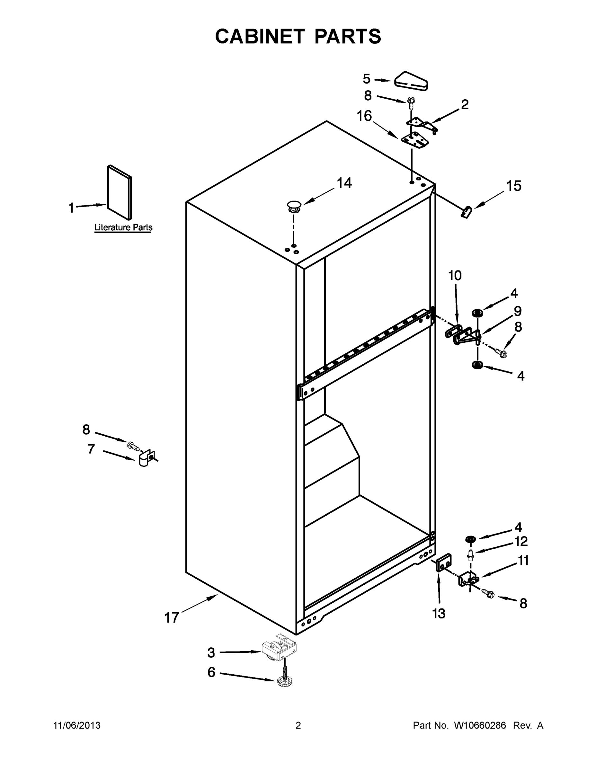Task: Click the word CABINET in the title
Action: [260, 36]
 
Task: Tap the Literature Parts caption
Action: [123, 227]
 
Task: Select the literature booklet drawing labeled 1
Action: [119, 193]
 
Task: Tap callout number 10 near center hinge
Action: [455, 276]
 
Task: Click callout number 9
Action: [517, 311]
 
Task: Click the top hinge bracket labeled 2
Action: [422, 125]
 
